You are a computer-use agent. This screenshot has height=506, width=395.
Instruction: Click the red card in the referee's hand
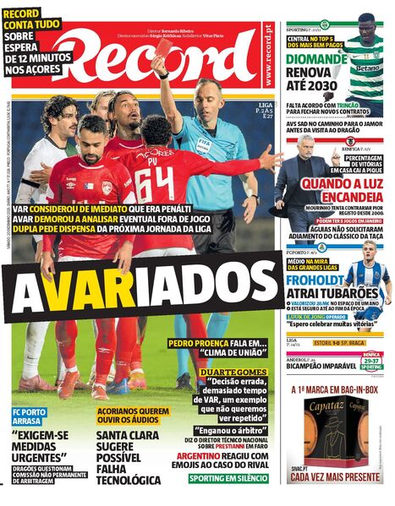[160, 49]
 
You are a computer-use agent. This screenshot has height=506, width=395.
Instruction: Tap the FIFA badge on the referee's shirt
[204, 141]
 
